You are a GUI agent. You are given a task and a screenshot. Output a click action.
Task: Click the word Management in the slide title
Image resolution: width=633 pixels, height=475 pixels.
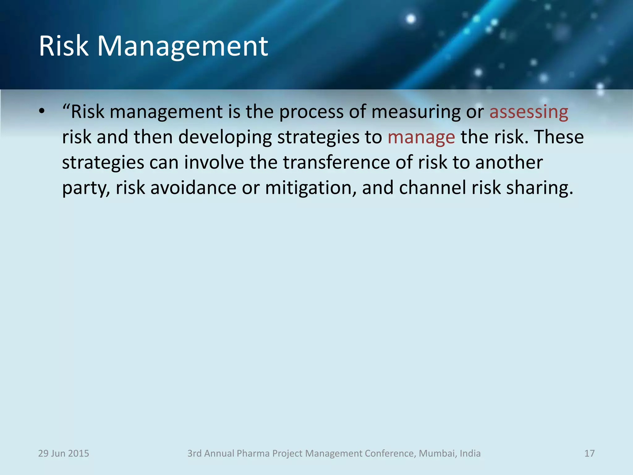(x=182, y=46)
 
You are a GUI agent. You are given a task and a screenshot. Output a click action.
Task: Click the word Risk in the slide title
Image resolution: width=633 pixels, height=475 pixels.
(x=64, y=46)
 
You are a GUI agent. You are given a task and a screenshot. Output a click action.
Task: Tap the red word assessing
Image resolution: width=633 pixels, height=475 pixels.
(x=529, y=112)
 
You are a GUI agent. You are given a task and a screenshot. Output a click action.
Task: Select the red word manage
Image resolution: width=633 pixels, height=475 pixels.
(x=421, y=137)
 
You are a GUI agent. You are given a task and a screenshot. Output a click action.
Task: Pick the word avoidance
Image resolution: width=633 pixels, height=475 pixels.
(x=193, y=188)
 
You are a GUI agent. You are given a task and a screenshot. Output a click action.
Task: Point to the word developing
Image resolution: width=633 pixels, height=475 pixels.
(x=225, y=137)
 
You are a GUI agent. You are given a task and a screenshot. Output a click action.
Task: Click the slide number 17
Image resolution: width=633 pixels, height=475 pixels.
(x=589, y=453)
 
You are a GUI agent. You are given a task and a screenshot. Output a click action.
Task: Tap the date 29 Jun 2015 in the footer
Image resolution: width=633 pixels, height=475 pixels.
(x=63, y=453)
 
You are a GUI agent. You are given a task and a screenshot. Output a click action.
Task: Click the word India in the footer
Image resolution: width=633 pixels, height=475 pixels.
(x=470, y=453)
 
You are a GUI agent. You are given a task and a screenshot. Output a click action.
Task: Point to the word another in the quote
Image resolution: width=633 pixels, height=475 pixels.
(x=509, y=162)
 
